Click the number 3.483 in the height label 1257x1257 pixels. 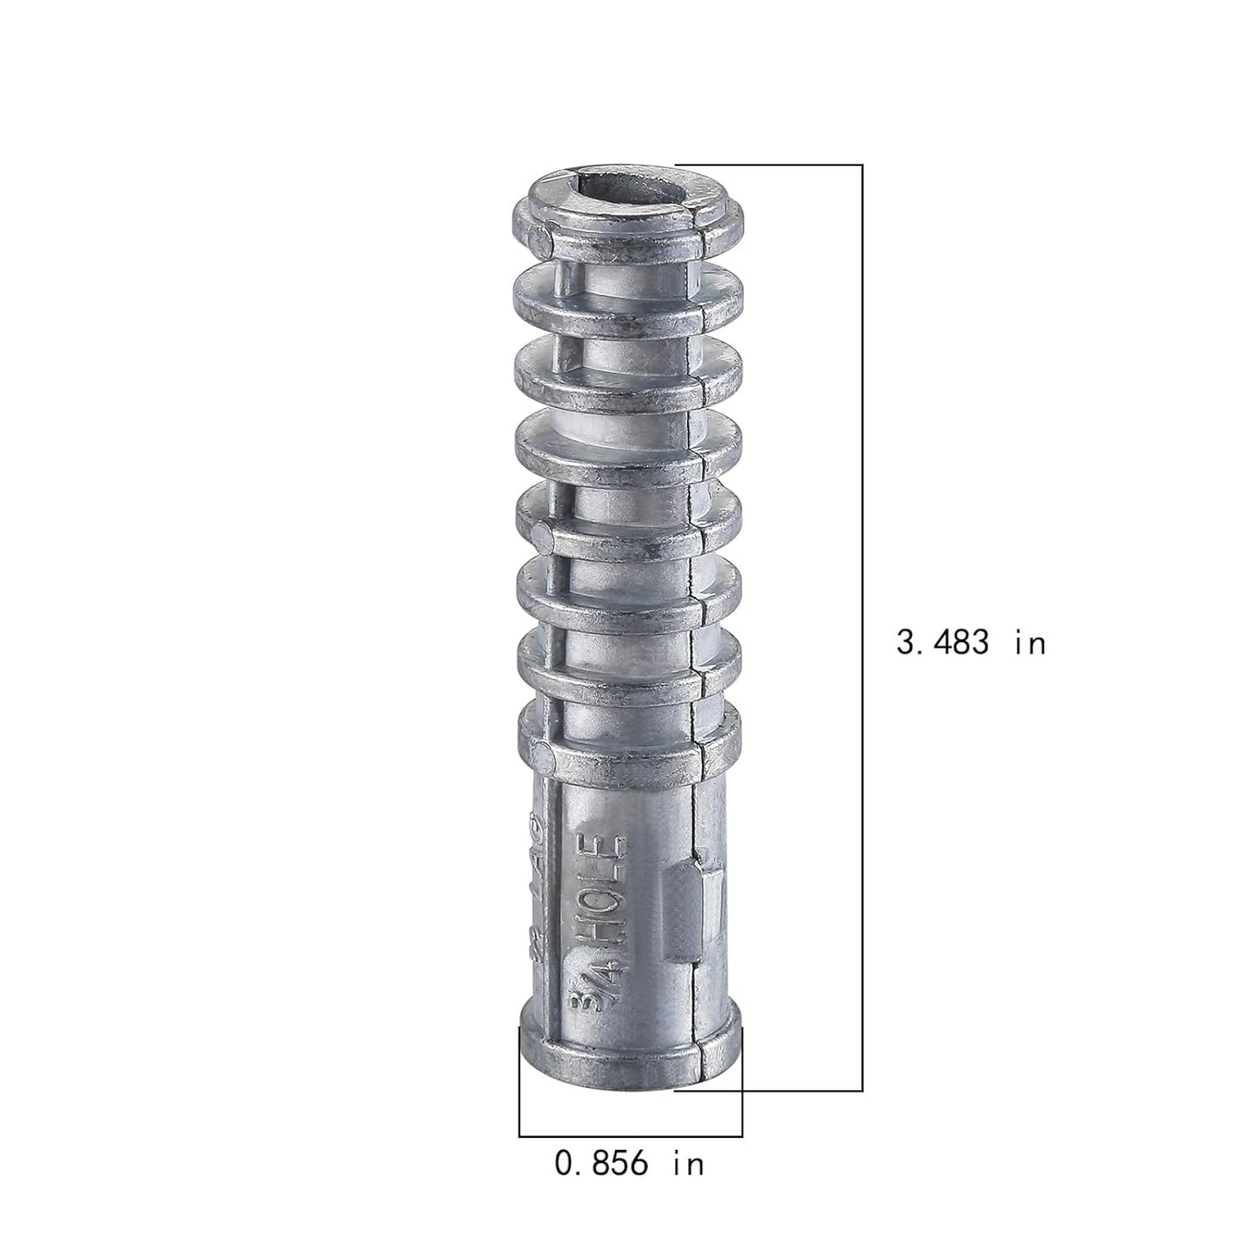click(943, 643)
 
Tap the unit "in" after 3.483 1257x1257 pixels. click(1030, 643)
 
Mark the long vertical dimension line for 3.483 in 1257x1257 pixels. click(862, 522)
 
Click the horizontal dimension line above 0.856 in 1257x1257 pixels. click(630, 1136)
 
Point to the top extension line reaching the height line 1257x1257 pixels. click(770, 164)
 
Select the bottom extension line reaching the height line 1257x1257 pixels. click(770, 1090)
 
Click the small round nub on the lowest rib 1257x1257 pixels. click(542, 758)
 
